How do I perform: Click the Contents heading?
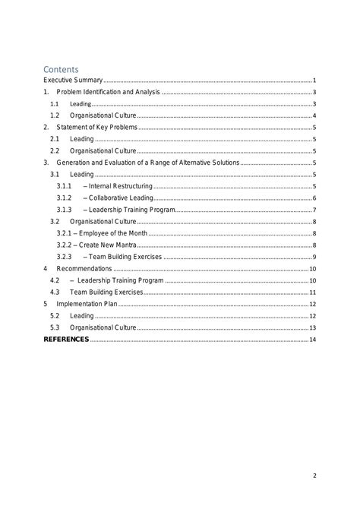pos(62,69)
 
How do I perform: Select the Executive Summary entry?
pos(73,80)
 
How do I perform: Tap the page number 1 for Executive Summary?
pos(314,80)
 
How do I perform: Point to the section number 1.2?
pos(55,115)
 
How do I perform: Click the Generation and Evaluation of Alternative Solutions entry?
pos(148,163)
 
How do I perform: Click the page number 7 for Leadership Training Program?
pos(314,210)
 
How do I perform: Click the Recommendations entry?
pos(84,269)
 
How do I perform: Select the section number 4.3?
pos(55,292)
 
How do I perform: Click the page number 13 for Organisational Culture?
pos(312,327)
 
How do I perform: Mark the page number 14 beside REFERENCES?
pos(312,340)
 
